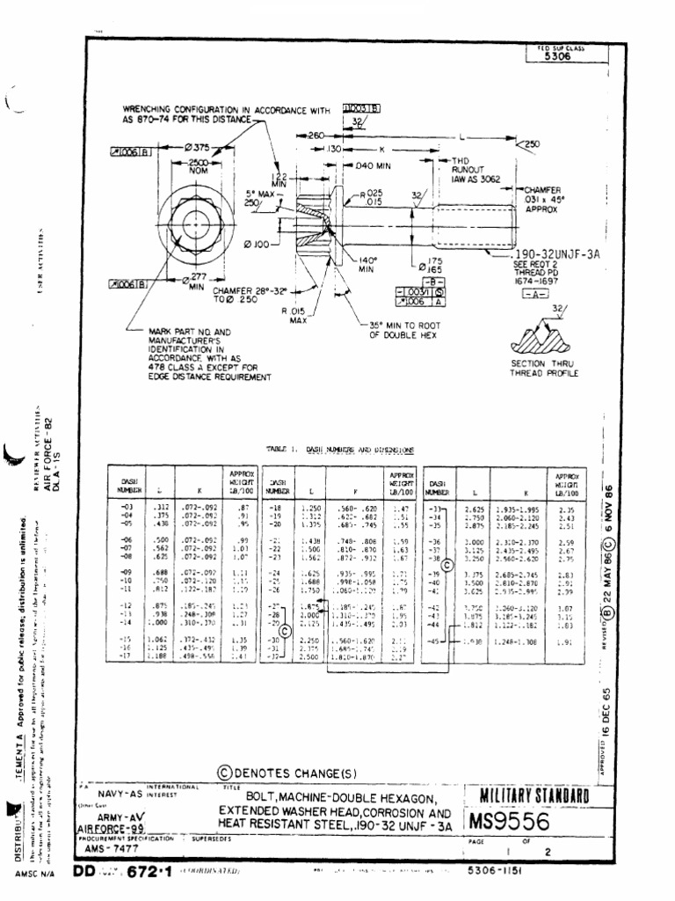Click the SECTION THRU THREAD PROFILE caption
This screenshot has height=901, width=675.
pos(545,369)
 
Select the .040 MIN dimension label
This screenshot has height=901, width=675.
pos(375,165)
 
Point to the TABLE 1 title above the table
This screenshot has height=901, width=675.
pos(339,449)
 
